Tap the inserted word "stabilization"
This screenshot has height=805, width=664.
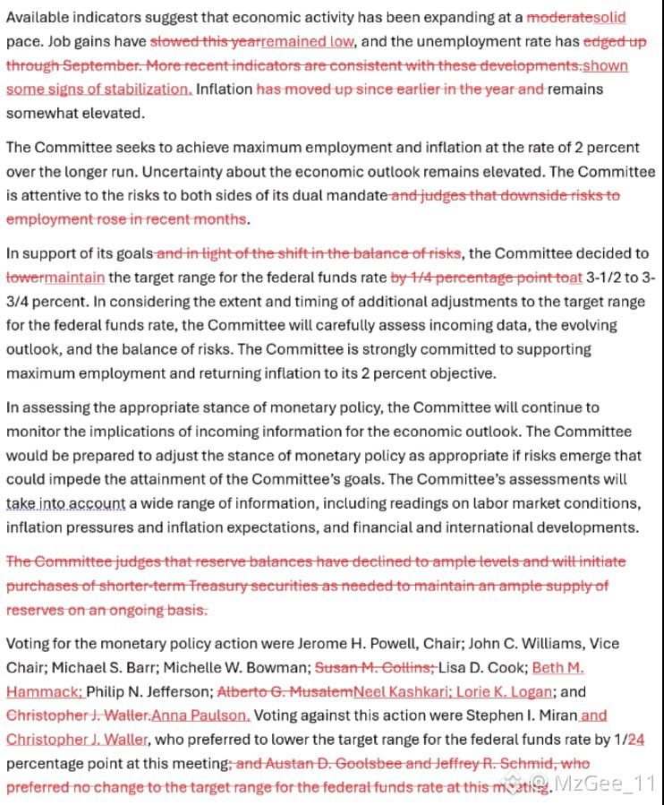pyautogui.click(x=146, y=90)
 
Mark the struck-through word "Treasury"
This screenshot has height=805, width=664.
pyautogui.click(x=244, y=586)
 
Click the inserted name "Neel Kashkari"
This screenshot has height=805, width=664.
pyautogui.click(x=397, y=691)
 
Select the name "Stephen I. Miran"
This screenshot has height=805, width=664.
pyautogui.click(x=517, y=715)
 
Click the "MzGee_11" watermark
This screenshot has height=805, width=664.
pyautogui.click(x=610, y=784)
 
